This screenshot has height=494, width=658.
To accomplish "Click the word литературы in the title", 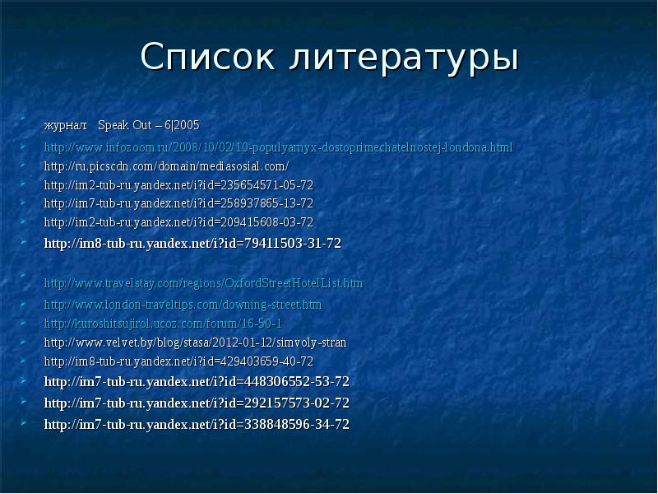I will coord(405,57).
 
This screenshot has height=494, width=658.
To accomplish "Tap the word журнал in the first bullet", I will coord(65,125).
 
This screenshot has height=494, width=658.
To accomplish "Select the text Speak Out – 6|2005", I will coord(148,125).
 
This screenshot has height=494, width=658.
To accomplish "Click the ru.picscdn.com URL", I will coord(166,165).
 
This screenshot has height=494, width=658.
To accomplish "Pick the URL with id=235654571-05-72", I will coord(178,184).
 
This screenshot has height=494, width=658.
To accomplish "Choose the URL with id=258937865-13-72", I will coord(178,203).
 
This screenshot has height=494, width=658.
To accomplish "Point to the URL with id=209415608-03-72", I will coord(178,222).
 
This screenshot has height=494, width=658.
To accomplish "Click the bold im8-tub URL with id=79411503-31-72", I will coord(192,243).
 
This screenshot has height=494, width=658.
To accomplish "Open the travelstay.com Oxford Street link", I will coord(203,283).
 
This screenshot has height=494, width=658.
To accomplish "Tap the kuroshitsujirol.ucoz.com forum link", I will coord(163,324).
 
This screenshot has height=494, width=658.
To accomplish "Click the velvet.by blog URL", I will coord(195,343).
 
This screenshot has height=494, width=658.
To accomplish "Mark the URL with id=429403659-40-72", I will coord(178,361).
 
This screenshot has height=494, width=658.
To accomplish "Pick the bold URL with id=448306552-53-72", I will coord(197,381).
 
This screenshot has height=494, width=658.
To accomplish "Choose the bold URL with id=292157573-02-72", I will coord(197,403).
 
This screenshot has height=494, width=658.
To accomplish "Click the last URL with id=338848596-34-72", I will coord(197,425).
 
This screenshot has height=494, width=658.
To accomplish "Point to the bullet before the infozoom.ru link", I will coord(25,146).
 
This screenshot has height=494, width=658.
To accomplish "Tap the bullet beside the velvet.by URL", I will coord(25,341).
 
